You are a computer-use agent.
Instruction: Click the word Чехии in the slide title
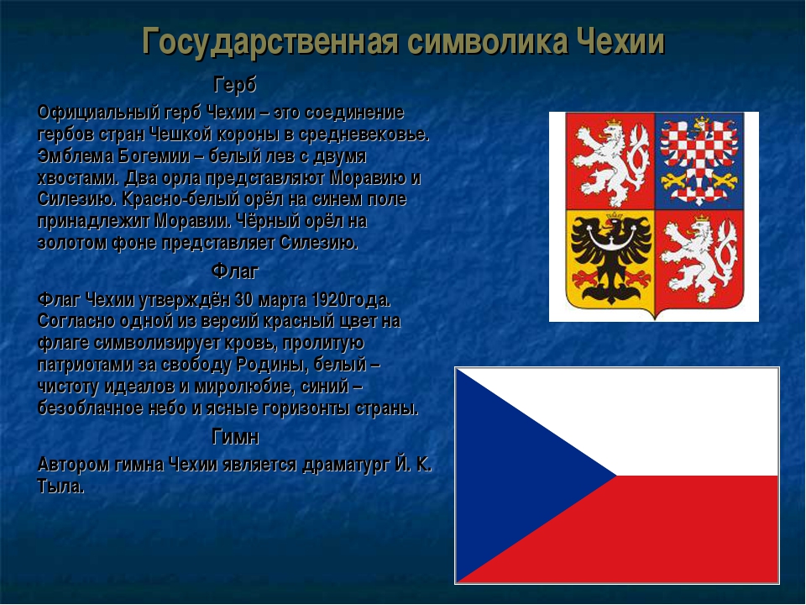[x=620, y=41]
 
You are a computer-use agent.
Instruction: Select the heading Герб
[x=235, y=85]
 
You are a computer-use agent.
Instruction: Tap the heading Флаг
[x=235, y=271]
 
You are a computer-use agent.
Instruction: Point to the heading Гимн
[x=235, y=437]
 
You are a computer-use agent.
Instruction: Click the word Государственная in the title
[x=270, y=42]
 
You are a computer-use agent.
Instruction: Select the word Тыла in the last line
[x=60, y=487]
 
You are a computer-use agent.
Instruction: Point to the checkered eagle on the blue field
[x=699, y=160]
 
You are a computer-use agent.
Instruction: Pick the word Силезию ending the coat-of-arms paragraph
[x=319, y=243]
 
